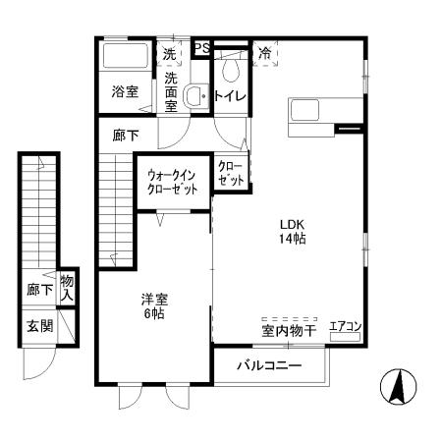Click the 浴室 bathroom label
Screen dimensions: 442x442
click(x=124, y=91)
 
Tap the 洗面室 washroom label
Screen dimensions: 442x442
click(x=172, y=91)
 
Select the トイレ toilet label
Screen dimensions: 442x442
click(x=229, y=96)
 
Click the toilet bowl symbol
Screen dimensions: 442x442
click(x=232, y=69)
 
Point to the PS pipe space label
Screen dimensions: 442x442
click(x=202, y=48)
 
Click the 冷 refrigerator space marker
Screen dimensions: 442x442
click(x=265, y=53)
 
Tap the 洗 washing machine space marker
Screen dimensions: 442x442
click(x=171, y=54)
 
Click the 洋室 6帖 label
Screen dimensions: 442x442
click(x=151, y=306)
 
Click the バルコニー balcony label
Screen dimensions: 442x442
click(x=268, y=367)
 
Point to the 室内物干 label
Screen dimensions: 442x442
click(x=288, y=331)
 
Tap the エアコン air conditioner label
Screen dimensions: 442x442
click(x=346, y=326)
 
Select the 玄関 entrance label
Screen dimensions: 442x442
click(x=40, y=326)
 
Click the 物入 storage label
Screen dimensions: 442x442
click(x=67, y=288)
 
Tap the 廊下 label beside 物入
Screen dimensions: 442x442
click(x=40, y=290)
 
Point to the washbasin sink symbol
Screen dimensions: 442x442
click(x=195, y=95)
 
